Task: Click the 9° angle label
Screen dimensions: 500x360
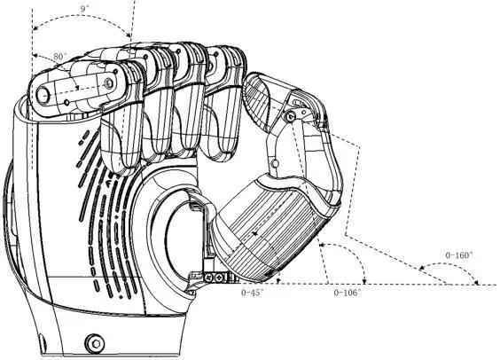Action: pyautogui.click(x=84, y=9)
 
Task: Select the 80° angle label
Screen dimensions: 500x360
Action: pyautogui.click(x=60, y=57)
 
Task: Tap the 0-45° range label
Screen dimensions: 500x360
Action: pyautogui.click(x=253, y=293)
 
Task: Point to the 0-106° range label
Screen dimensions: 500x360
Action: pyautogui.click(x=348, y=293)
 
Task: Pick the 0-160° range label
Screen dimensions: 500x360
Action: pyautogui.click(x=459, y=255)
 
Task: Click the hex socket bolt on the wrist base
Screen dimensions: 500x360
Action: pyautogui.click(x=95, y=343)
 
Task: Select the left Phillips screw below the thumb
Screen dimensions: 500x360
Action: pyautogui.click(x=209, y=277)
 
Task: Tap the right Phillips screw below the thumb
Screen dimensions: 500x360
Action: pyautogui.click(x=220, y=278)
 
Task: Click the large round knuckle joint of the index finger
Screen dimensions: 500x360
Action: pyautogui.click(x=43, y=95)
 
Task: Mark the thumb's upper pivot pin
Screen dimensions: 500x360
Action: pyautogui.click(x=290, y=117)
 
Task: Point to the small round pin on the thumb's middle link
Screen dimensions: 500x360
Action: pyautogui.click(x=275, y=164)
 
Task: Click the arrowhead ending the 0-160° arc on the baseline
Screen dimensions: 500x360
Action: pyautogui.click(x=476, y=283)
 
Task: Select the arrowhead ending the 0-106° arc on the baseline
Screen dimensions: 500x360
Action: pyautogui.click(x=364, y=281)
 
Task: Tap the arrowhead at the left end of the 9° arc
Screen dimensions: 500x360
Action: pyautogui.click(x=35, y=28)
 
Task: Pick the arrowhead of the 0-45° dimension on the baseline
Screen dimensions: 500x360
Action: pyautogui.click(x=278, y=281)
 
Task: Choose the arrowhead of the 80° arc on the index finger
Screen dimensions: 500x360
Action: pyautogui.click(x=76, y=88)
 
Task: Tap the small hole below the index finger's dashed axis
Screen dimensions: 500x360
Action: pyautogui.click(x=66, y=102)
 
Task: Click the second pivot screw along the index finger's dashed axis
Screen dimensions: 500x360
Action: pyautogui.click(x=109, y=83)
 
